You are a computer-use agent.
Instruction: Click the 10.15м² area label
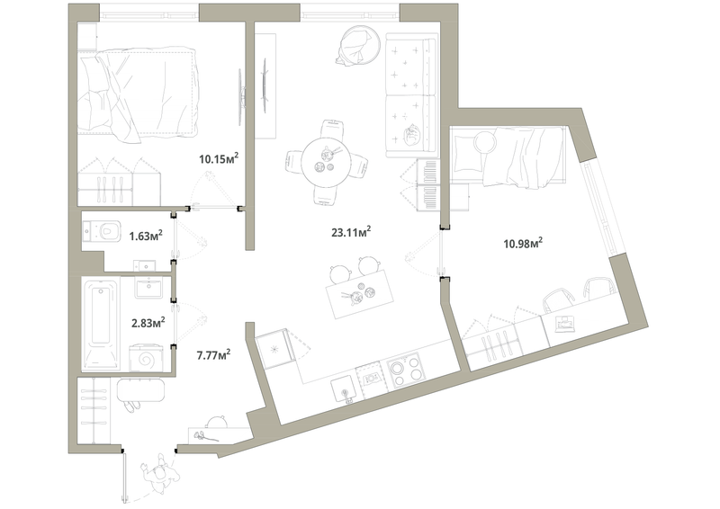coord(218,160)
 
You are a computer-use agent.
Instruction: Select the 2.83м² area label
coord(146,321)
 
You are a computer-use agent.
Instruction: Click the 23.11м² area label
coord(351,231)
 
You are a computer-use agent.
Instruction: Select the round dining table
coord(324,162)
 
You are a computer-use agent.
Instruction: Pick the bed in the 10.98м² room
coord(508,156)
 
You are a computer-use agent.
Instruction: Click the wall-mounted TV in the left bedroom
coord(240,95)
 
